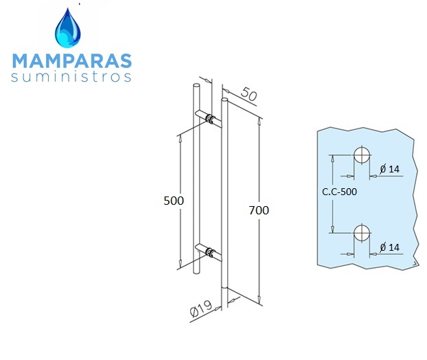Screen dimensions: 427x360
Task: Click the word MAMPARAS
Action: [72, 60]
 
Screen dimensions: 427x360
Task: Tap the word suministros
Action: [71, 77]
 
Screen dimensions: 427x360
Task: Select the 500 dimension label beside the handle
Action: [174, 201]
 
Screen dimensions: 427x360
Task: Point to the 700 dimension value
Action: [259, 210]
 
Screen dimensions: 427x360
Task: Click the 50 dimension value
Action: [249, 94]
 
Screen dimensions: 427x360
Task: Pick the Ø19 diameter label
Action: [201, 308]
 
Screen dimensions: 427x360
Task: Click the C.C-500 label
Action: [339, 192]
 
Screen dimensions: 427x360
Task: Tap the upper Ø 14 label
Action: [390, 169]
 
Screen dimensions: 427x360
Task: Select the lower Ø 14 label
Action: [390, 247]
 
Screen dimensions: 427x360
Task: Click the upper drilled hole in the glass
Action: [361, 155]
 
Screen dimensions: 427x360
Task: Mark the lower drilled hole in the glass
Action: [361, 233]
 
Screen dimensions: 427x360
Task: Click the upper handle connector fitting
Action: [210, 119]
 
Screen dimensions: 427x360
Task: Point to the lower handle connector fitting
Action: [210, 252]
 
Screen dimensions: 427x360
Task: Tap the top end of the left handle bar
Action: [196, 85]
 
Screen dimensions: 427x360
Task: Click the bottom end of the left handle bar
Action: [196, 271]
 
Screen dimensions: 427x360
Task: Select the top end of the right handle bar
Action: [224, 100]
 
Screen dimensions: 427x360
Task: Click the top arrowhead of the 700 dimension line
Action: [259, 122]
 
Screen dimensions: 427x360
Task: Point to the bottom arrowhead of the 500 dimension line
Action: [180, 263]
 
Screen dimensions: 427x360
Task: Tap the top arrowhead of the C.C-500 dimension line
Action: [332, 159]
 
